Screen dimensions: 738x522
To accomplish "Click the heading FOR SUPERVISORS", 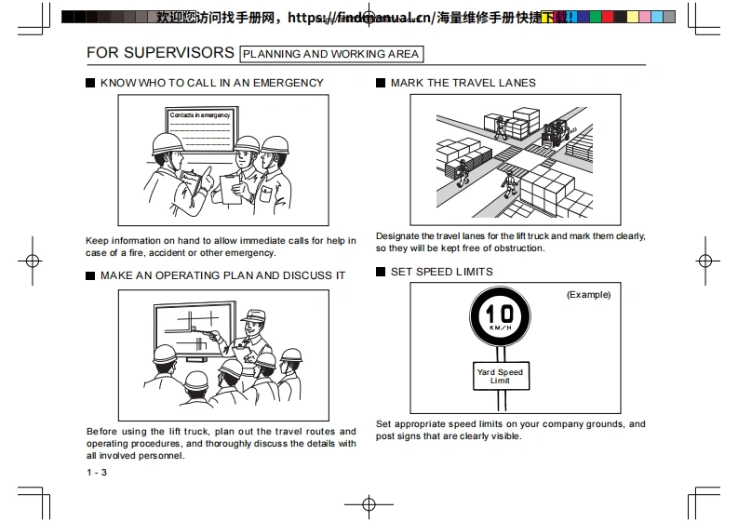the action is [x=160, y=52].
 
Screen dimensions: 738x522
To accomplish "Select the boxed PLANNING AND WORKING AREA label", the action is [x=330, y=54].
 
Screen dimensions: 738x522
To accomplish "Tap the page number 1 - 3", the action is [x=97, y=474].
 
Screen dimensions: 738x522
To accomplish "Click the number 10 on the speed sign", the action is [x=500, y=314].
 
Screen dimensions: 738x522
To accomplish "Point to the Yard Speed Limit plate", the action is [x=500, y=376].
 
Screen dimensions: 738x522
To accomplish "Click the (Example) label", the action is [x=588, y=295].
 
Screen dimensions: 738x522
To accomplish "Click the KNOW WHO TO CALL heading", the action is [x=212, y=83].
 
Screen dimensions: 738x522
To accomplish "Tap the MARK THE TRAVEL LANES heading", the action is [x=463, y=83].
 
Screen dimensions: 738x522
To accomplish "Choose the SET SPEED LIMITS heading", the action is [x=442, y=272].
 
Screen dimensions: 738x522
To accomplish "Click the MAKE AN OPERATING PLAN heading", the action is [x=222, y=275].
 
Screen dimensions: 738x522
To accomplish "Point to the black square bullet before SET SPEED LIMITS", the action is [x=381, y=272].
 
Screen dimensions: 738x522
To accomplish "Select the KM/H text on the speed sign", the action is [x=500, y=328].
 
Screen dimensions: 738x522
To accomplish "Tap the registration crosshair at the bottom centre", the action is [x=369, y=504].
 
